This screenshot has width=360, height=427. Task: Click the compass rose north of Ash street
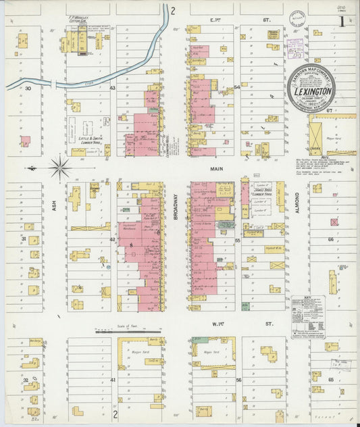pos(60,166)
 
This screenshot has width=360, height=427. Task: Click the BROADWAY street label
pos(176,206)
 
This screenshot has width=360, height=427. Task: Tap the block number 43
pos(113,89)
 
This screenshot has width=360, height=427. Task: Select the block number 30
pos(28,89)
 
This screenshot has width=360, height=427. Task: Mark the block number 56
pos(238,380)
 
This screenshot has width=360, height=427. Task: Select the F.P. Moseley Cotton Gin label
pos(84,32)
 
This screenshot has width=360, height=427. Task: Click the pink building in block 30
pos(25,141)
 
